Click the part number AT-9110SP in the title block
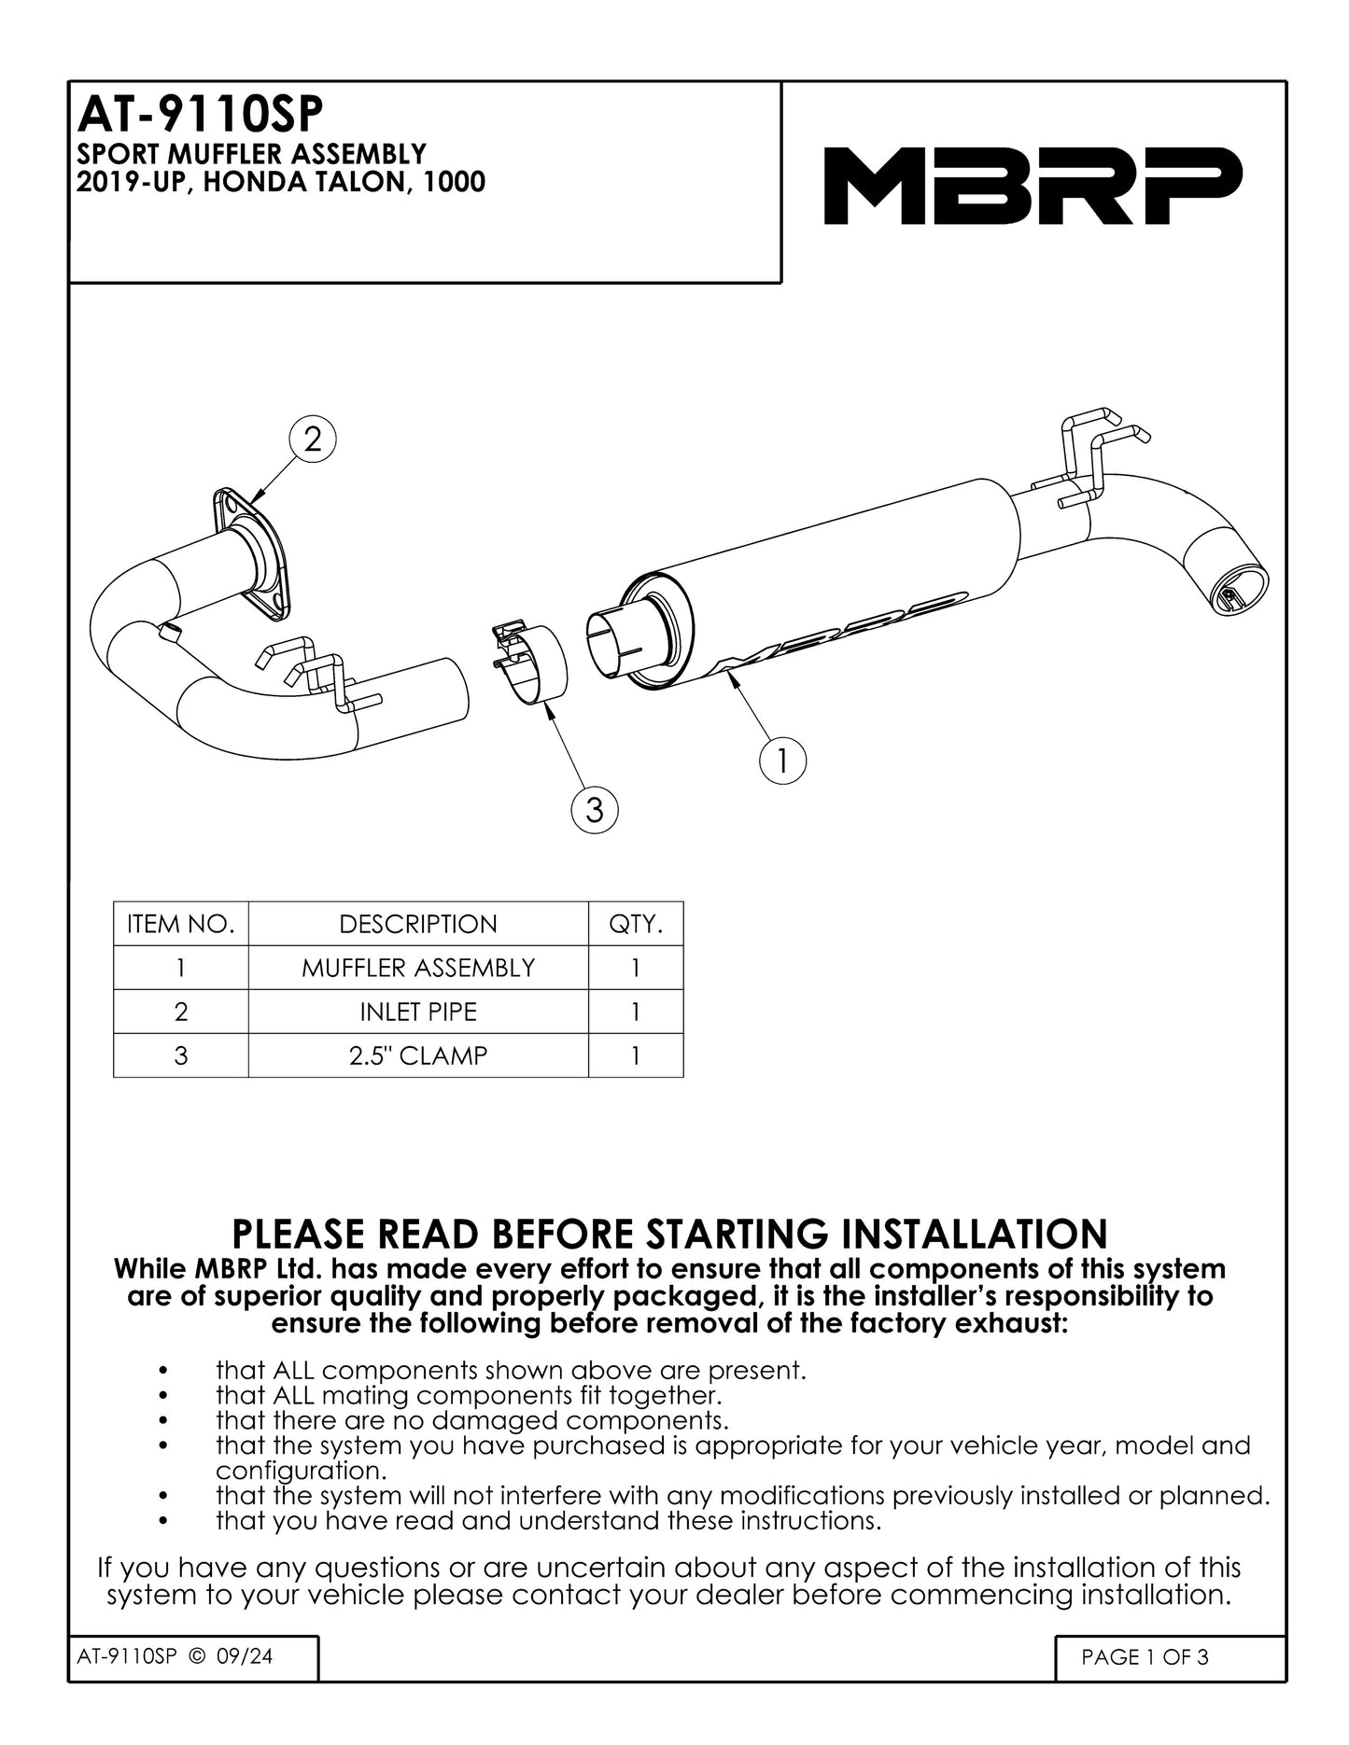(200, 117)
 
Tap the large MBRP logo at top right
(1033, 186)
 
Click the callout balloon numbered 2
(313, 439)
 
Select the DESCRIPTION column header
(418, 924)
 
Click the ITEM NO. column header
(181, 924)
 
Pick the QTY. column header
(636, 924)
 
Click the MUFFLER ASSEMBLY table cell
(418, 968)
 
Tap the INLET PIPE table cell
(418, 1012)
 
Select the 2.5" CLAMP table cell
(418, 1055)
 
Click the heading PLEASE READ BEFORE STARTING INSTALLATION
(669, 1234)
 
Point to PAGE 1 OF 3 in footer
(1145, 1657)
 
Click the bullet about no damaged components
(471, 1420)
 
